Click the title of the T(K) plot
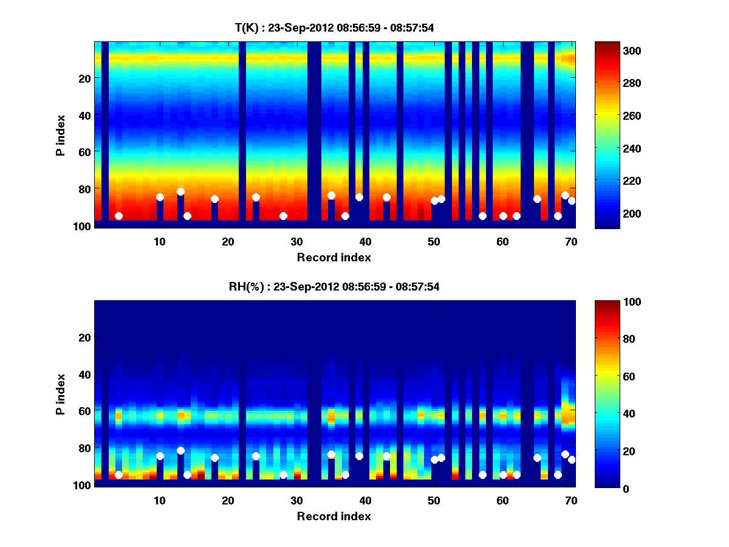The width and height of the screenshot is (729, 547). tap(334, 27)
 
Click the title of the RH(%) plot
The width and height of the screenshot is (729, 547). tap(334, 287)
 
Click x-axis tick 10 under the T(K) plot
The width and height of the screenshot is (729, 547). tap(159, 241)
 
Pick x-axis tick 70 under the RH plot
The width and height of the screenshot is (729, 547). tap(571, 500)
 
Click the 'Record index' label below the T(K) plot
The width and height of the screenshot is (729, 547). tap(334, 257)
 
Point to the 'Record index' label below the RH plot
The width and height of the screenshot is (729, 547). tap(334, 516)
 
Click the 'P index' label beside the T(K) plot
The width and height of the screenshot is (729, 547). tap(61, 135)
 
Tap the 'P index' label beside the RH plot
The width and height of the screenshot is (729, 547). tap(61, 394)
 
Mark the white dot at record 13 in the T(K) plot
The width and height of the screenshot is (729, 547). tap(180, 192)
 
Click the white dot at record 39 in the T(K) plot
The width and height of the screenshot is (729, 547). tap(359, 197)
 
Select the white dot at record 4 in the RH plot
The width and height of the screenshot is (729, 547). tap(118, 475)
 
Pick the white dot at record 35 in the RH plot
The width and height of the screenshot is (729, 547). tap(331, 455)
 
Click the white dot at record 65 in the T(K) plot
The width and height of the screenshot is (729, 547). tap(537, 199)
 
